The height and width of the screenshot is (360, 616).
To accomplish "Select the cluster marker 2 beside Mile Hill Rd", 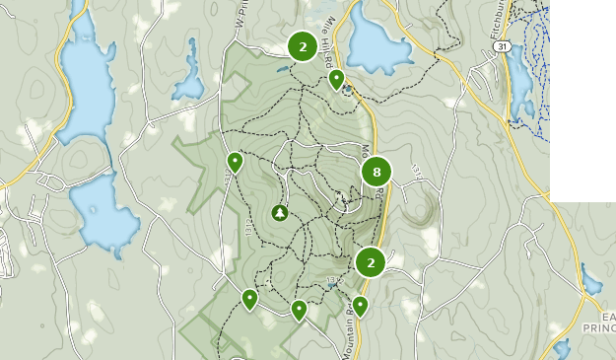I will (x=303, y=46).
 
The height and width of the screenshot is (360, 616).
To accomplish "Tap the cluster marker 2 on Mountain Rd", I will (x=371, y=261).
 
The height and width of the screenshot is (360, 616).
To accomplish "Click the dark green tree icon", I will (x=280, y=212).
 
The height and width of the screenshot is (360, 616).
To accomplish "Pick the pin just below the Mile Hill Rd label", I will (x=336, y=79).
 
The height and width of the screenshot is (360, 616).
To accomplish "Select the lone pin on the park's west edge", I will (x=235, y=161).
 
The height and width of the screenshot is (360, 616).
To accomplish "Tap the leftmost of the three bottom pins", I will (x=249, y=298).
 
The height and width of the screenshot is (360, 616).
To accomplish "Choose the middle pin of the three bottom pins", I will (x=299, y=310).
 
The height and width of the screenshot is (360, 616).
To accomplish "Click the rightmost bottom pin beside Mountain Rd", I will (x=360, y=306).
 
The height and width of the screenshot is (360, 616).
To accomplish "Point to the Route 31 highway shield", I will (x=502, y=46).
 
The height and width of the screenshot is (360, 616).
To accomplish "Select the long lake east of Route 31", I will (x=519, y=84).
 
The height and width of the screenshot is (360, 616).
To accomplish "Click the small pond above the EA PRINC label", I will (x=590, y=281).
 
